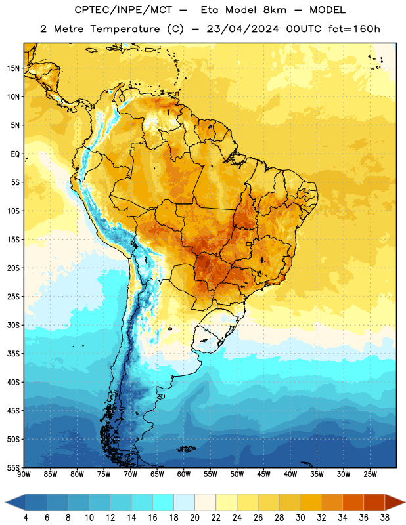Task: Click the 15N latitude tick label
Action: coord(13,68)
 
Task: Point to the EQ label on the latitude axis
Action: coord(15,154)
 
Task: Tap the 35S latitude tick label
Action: coord(13,354)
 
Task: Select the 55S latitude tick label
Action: coord(13,468)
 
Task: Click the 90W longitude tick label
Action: coord(24,474)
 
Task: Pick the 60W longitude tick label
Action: coord(184,474)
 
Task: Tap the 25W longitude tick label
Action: coord(371,474)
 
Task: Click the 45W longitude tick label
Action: coord(264,474)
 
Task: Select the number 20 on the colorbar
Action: coord(194,518)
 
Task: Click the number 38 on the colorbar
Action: coord(385,518)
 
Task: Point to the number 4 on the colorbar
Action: coord(26,518)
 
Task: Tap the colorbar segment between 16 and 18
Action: coord(163,502)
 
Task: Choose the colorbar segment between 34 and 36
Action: coord(353,502)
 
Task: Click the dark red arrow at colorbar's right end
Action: coord(394,502)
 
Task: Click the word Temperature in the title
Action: coord(125,29)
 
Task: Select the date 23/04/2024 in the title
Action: coord(242,29)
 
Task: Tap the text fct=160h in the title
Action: coord(354,29)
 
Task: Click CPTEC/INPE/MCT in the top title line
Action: coord(123,10)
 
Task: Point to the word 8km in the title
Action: coord(275,10)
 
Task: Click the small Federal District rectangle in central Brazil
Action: coord(249,243)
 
